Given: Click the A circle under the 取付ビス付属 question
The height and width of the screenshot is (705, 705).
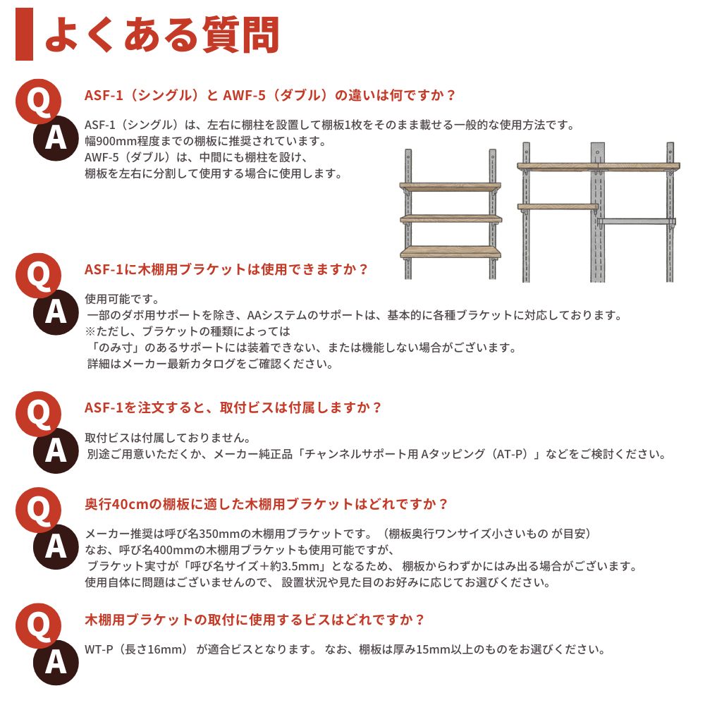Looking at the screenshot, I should click(56, 450).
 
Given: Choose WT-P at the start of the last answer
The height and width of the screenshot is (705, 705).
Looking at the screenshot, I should click(99, 649).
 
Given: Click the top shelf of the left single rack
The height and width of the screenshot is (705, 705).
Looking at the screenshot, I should click(450, 187).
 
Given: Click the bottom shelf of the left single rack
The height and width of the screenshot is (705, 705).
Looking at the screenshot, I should click(450, 252).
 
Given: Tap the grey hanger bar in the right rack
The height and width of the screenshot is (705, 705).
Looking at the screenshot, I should click(635, 222).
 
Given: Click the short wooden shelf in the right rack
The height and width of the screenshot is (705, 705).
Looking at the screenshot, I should click(558, 207).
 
